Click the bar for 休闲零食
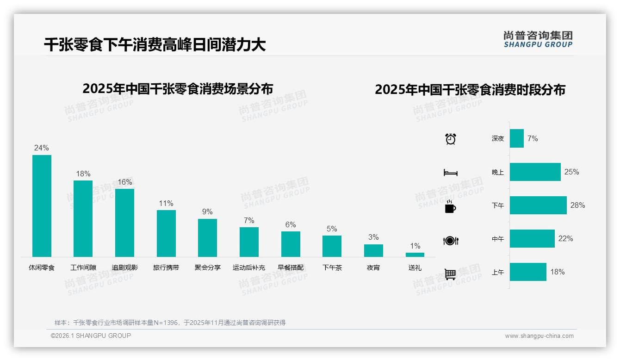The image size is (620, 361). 42,206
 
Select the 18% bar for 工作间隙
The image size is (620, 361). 83,218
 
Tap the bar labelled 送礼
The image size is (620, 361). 415,255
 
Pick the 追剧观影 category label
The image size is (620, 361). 125,268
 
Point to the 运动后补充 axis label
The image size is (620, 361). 249,268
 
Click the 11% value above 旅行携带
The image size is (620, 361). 166,203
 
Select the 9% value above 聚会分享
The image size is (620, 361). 207,212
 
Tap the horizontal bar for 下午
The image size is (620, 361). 538,205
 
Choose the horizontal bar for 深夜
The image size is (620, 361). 517,138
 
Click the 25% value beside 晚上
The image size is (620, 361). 571,172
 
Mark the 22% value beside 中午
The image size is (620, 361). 565,238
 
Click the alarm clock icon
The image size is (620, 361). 451,138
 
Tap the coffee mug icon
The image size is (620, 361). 450,206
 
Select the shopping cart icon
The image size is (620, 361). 450,274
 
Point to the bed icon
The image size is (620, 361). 450,173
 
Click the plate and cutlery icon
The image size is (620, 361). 451,241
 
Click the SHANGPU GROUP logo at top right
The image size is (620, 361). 538,39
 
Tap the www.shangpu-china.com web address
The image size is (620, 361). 539,336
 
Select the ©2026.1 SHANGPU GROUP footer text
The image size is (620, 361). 91,336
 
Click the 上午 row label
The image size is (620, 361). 498,272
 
